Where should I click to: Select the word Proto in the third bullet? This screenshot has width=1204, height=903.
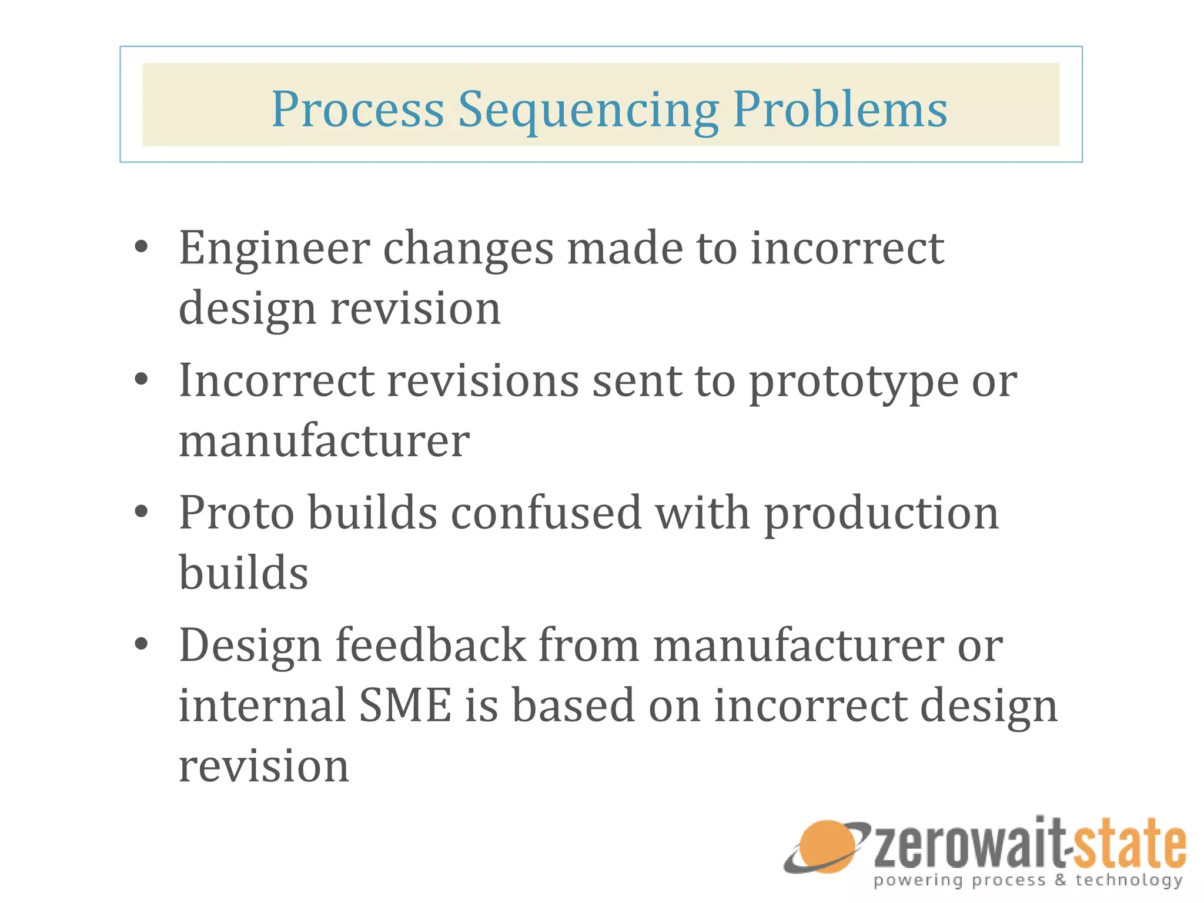(x=236, y=513)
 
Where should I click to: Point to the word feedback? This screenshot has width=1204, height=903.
(x=430, y=645)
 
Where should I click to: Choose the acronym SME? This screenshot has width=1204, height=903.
(x=405, y=705)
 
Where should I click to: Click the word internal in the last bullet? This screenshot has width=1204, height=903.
(x=262, y=705)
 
